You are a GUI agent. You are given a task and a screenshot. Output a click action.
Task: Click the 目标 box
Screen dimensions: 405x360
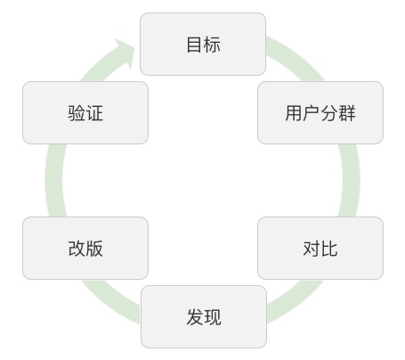[203, 44]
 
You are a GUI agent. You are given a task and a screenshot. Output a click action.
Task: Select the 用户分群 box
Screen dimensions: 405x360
[320, 112]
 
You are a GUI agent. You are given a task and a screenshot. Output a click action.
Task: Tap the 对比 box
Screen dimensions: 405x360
[320, 248]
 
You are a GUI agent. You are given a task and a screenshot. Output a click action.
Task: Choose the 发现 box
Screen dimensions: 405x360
[204, 316]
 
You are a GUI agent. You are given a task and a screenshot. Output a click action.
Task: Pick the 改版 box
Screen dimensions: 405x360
[85, 248]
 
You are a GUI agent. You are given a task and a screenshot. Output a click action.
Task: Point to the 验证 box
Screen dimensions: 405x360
[85, 112]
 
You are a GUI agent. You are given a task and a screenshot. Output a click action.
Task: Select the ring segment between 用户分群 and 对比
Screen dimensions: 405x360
[350, 180]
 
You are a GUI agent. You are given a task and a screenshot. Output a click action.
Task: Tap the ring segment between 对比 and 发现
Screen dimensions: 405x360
[296, 301]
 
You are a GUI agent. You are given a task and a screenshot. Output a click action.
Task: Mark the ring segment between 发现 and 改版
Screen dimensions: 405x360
[111, 301]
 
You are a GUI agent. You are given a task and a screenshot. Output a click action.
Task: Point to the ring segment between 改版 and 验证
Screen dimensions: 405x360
[54, 180]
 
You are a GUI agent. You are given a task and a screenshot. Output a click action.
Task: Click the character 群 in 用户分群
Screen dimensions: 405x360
[346, 113]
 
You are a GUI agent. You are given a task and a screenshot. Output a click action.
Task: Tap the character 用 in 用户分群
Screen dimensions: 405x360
[294, 113]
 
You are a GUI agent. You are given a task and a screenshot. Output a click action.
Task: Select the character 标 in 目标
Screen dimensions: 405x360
[212, 45]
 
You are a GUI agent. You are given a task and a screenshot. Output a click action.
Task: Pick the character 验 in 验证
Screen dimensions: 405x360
[77, 113]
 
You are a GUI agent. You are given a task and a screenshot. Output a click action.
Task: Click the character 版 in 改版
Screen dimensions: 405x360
[94, 249]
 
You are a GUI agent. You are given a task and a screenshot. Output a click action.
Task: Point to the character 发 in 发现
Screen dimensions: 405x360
[195, 317]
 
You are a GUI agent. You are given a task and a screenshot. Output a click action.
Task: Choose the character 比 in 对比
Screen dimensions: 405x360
[329, 249]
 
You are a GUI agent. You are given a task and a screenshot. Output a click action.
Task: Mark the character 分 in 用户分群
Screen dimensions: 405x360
[329, 113]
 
